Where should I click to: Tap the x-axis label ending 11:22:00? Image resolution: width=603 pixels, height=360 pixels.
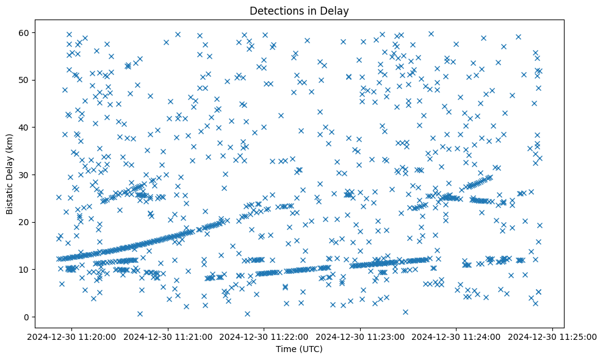click(x=264, y=336)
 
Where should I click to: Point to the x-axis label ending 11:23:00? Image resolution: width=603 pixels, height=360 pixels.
click(x=360, y=336)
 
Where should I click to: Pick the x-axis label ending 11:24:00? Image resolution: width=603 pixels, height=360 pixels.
click(x=457, y=336)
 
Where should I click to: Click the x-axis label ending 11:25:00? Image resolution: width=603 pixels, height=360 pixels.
click(x=553, y=336)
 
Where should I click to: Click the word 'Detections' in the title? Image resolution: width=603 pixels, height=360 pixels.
click(x=275, y=11)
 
